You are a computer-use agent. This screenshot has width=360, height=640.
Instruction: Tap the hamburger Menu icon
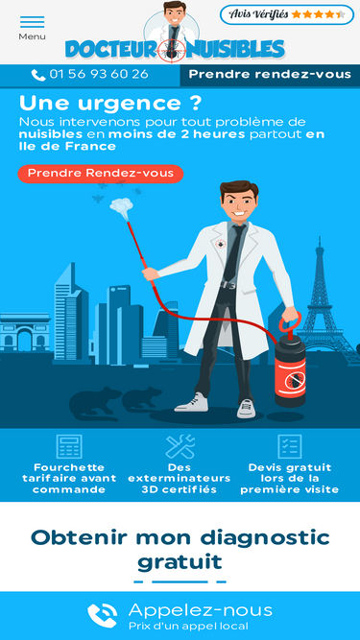point(32,22)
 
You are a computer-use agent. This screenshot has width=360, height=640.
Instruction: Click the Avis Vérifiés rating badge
point(287,14)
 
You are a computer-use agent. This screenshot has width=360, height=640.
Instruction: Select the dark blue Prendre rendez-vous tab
point(270,75)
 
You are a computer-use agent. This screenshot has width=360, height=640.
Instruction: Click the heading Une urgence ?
point(110,104)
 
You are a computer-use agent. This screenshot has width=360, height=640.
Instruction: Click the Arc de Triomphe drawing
point(25,332)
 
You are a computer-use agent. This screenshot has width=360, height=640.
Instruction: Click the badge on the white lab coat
point(221,244)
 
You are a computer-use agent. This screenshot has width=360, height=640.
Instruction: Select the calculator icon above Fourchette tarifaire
point(69,446)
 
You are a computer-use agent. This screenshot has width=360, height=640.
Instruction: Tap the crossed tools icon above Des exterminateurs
point(180,446)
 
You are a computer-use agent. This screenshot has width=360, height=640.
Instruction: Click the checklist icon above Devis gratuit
point(290,446)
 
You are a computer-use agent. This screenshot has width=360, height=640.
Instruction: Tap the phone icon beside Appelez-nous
point(103,615)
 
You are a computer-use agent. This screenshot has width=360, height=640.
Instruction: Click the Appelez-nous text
point(201,610)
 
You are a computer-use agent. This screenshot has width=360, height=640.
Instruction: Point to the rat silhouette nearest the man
point(143,399)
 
